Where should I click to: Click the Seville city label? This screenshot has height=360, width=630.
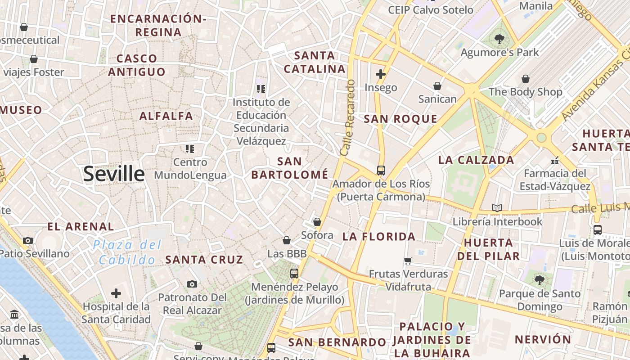click(x=114, y=174)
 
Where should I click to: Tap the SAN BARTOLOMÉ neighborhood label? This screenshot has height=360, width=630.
click(x=290, y=168)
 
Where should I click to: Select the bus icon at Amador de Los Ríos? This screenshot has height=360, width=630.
click(x=381, y=171)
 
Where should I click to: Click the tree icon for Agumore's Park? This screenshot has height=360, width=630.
click(x=499, y=40)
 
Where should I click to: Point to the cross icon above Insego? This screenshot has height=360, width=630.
click(x=381, y=74)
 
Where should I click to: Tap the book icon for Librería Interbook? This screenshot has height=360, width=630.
click(x=497, y=208)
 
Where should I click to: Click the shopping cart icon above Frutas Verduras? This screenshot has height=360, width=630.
click(x=408, y=261)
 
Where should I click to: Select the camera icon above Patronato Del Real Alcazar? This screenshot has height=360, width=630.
click(x=192, y=284)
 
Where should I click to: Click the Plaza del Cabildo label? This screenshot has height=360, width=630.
click(x=127, y=252)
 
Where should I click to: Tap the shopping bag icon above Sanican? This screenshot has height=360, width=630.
click(x=437, y=85)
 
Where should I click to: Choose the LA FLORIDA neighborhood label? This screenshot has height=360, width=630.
click(x=379, y=236)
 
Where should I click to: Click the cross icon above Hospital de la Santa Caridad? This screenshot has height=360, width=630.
click(x=116, y=294)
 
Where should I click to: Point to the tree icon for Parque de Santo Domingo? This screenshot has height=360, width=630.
click(x=540, y=280)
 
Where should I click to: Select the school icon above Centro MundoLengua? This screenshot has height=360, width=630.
click(x=190, y=148)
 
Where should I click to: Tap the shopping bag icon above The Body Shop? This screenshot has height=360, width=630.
click(x=525, y=79)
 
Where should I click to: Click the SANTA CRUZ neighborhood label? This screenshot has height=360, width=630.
click(x=204, y=260)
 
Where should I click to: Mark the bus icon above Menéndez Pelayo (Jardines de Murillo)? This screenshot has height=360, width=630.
click(x=294, y=273)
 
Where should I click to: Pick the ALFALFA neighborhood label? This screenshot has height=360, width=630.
click(x=166, y=116)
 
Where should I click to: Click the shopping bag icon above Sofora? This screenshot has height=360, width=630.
click(x=317, y=222)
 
